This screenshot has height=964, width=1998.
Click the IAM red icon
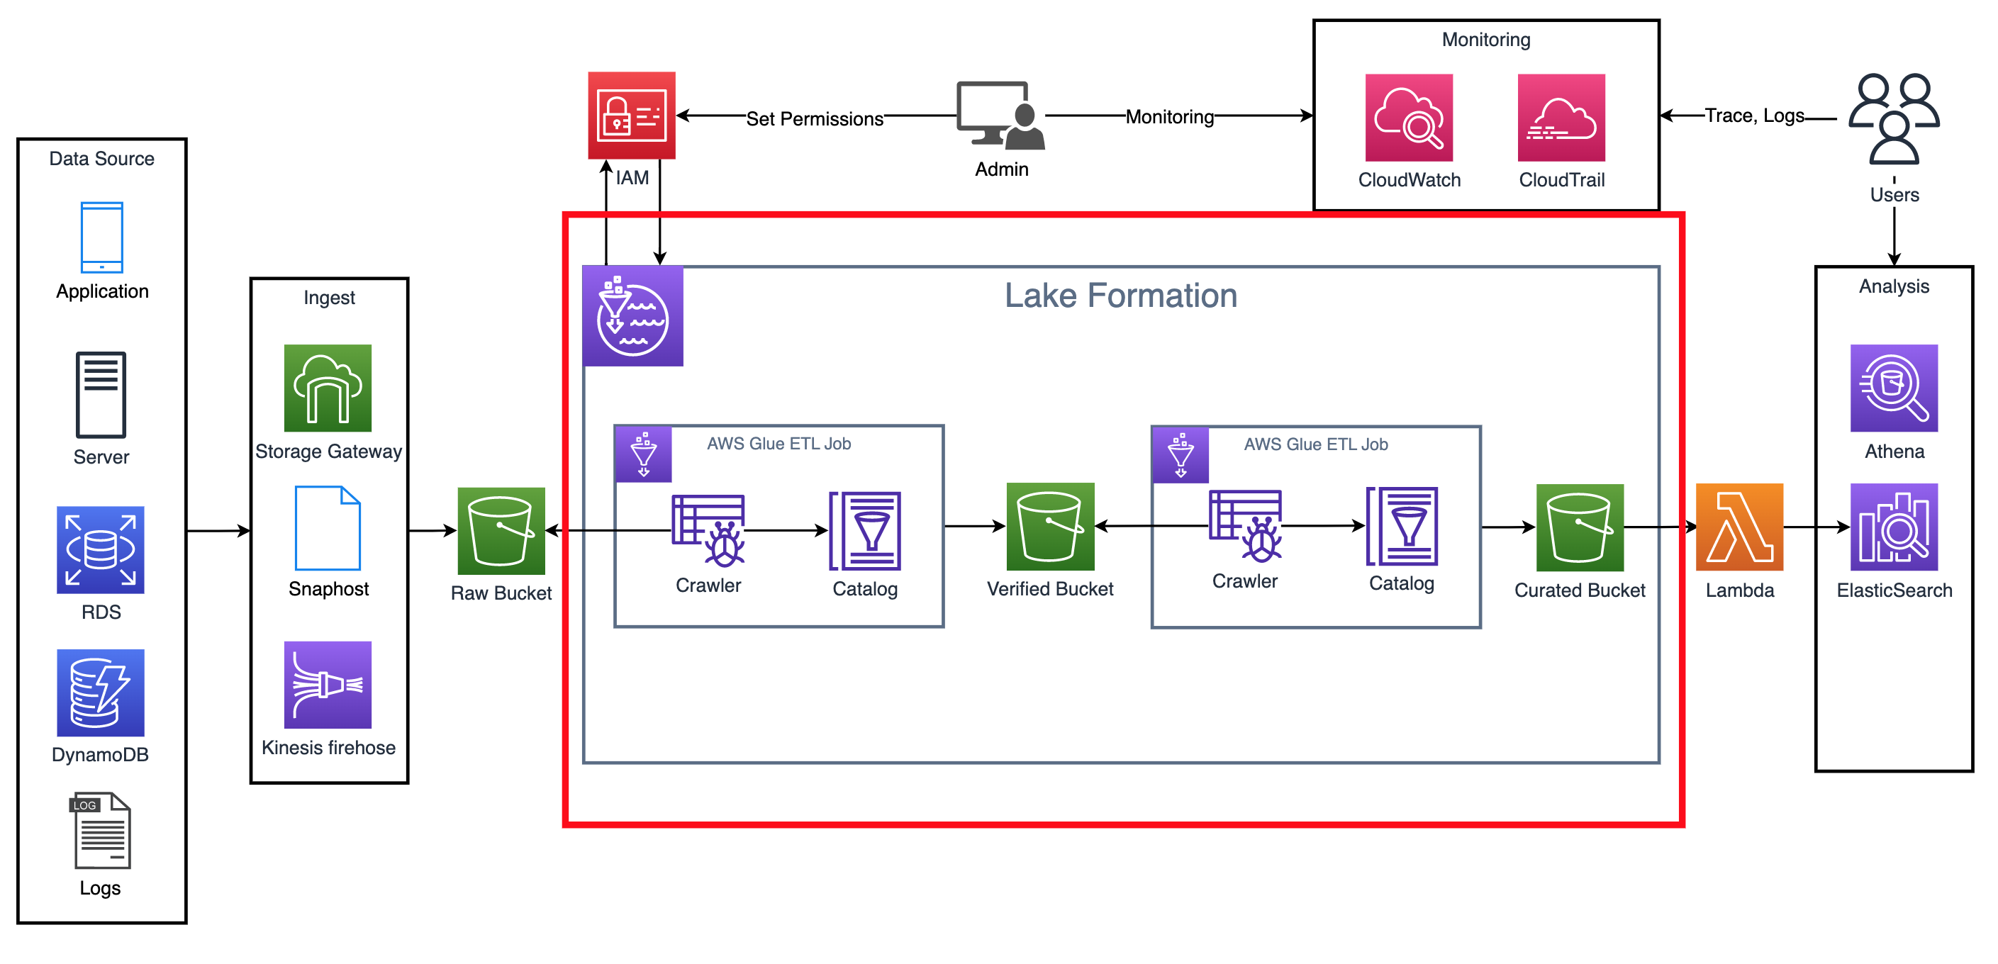click(631, 115)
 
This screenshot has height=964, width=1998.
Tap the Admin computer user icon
click(1000, 115)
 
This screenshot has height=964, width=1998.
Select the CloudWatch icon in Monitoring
click(1409, 117)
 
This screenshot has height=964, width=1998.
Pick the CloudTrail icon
click(1561, 117)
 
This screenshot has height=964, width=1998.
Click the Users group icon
click(1893, 118)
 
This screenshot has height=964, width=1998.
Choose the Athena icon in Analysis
click(1893, 388)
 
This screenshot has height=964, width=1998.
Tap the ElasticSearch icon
click(1893, 527)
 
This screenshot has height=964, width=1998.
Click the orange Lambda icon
click(1739, 527)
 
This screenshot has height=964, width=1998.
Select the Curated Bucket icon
click(1579, 527)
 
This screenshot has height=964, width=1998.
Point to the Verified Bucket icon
click(1049, 526)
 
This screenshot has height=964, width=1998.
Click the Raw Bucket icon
click(501, 530)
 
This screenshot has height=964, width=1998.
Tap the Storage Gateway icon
click(328, 388)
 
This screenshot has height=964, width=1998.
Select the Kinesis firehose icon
click(328, 684)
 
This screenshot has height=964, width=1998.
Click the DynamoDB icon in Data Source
click(100, 692)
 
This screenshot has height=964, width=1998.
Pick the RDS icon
click(100, 549)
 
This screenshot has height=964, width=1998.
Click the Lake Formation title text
click(1120, 296)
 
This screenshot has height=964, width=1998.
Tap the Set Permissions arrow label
click(815, 118)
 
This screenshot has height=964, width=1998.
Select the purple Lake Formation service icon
click(632, 315)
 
